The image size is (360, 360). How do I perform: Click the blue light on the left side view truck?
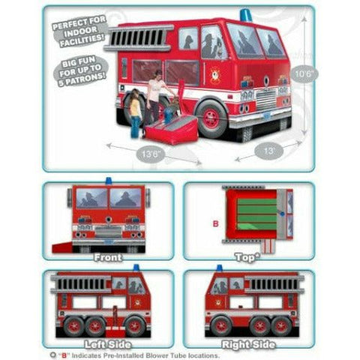136,268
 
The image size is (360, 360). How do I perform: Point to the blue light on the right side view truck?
219,268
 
